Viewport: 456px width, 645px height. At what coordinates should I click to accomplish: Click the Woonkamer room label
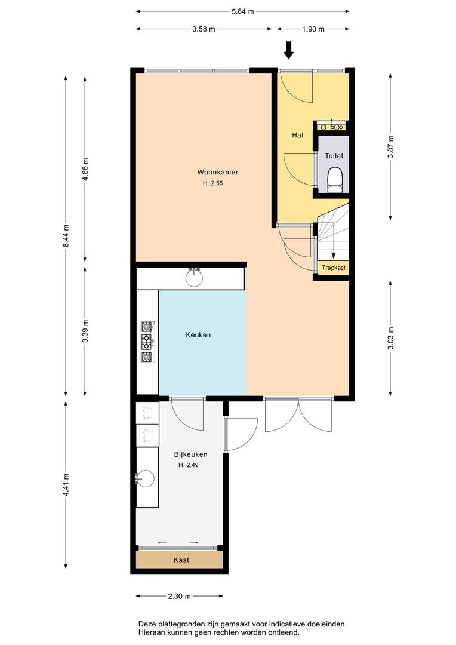pyautogui.click(x=217, y=173)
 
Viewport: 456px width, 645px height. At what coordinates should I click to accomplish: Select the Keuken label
pyautogui.click(x=198, y=335)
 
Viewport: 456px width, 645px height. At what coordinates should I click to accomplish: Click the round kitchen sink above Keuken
pyautogui.click(x=194, y=278)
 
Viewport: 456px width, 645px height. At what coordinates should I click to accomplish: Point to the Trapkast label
pyautogui.click(x=334, y=268)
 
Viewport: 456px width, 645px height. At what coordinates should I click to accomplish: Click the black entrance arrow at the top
pyautogui.click(x=289, y=50)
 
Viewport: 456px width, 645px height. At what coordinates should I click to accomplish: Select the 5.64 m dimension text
pyautogui.click(x=242, y=11)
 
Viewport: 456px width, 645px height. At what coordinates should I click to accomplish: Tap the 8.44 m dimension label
pyautogui.click(x=66, y=236)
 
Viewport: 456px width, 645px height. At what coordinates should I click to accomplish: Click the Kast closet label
pyautogui.click(x=181, y=560)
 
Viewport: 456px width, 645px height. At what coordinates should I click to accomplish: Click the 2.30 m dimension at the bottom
pyautogui.click(x=179, y=596)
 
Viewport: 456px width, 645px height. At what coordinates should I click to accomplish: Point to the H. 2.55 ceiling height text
pyautogui.click(x=212, y=183)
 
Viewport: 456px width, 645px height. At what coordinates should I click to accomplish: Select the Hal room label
pyautogui.click(x=298, y=135)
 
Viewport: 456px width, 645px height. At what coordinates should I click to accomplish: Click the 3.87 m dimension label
pyautogui.click(x=391, y=146)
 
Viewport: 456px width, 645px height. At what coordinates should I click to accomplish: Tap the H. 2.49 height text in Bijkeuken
pyautogui.click(x=189, y=465)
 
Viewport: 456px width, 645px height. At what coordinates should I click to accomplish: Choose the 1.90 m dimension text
pyautogui.click(x=313, y=29)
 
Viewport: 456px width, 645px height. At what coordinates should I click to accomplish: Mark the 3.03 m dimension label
pyautogui.click(x=391, y=338)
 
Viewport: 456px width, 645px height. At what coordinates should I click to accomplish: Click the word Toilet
pyautogui.click(x=334, y=156)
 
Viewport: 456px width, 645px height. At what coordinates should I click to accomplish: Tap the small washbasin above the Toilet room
pyautogui.click(x=332, y=127)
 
